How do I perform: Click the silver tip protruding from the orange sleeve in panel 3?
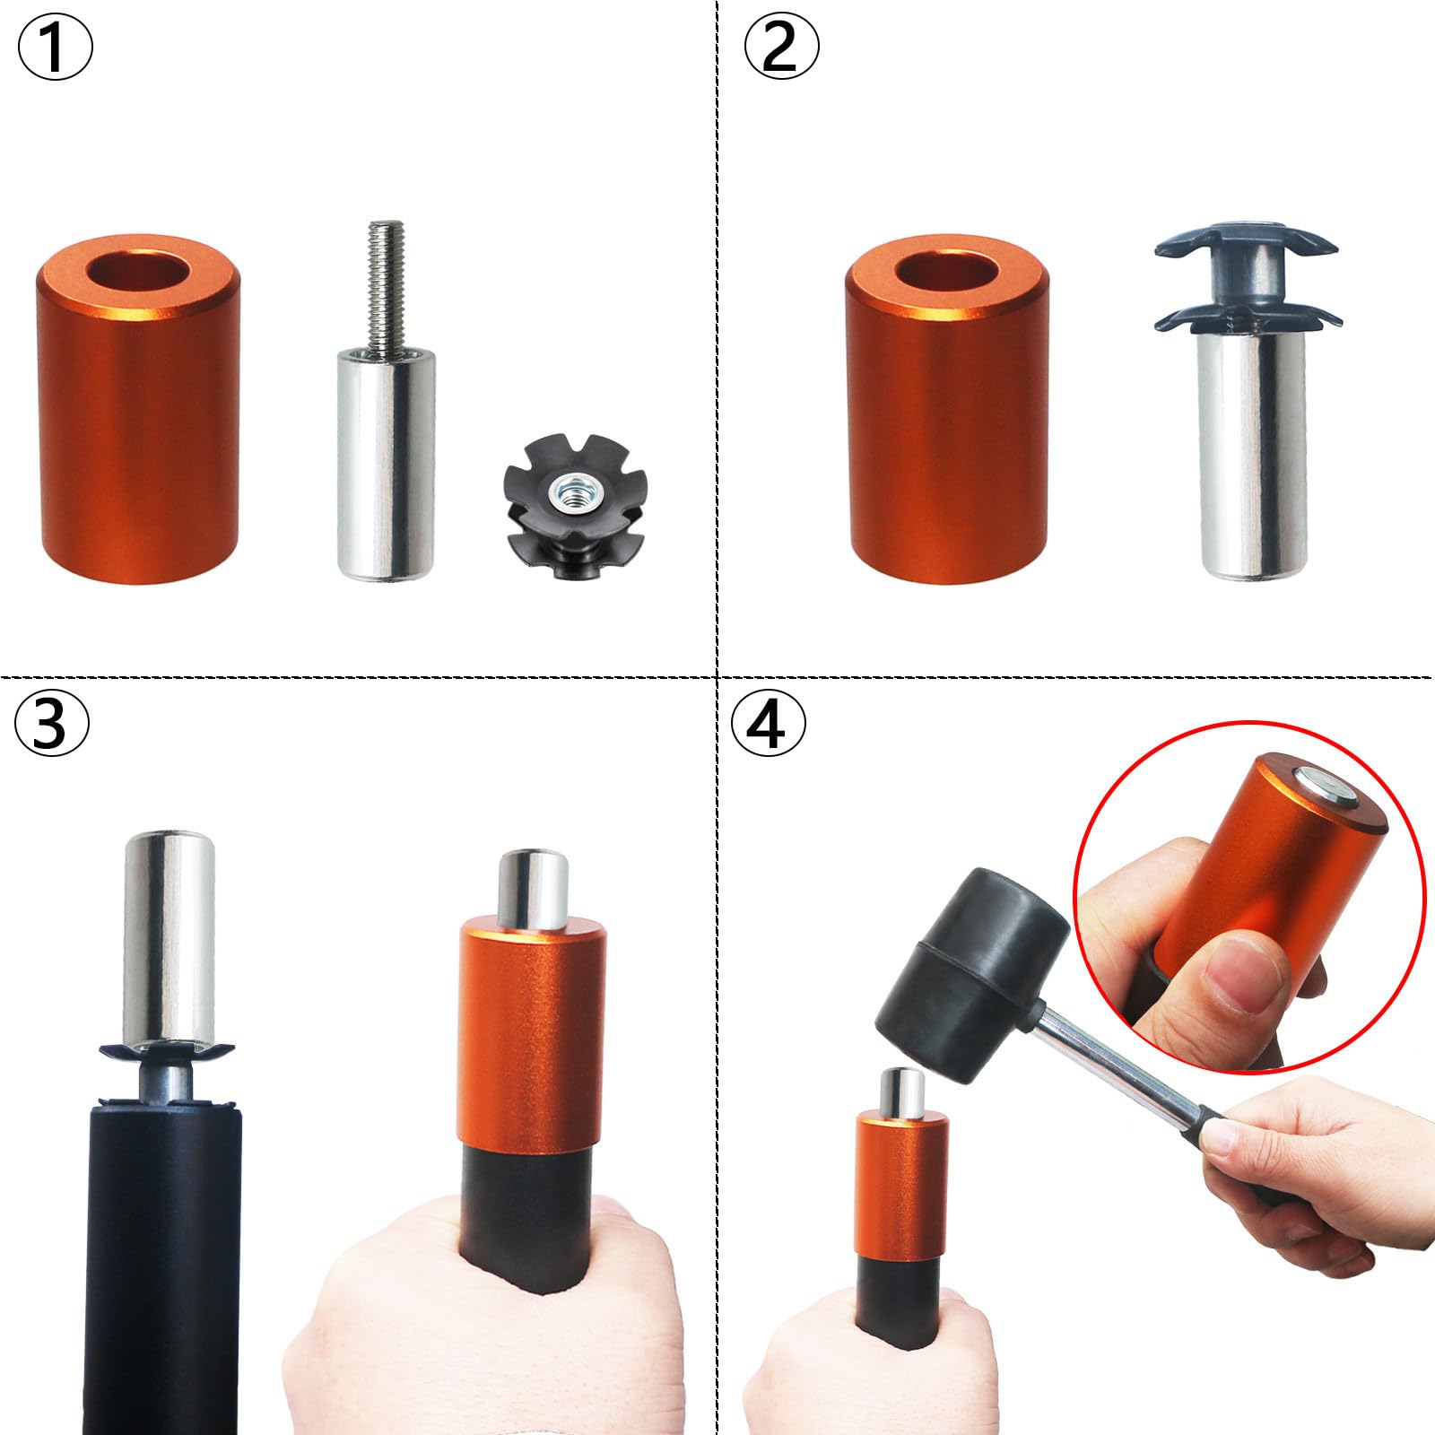pyautogui.click(x=533, y=889)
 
